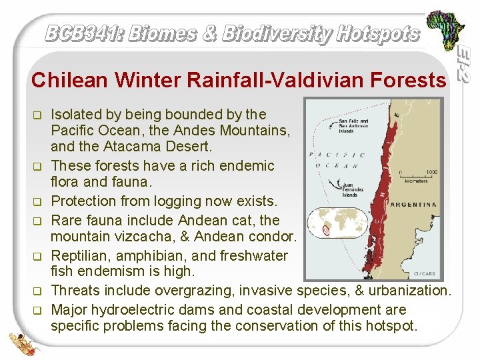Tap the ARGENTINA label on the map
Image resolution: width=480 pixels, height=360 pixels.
pos(413,205)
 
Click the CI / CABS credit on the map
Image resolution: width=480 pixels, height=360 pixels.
pos(425,273)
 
